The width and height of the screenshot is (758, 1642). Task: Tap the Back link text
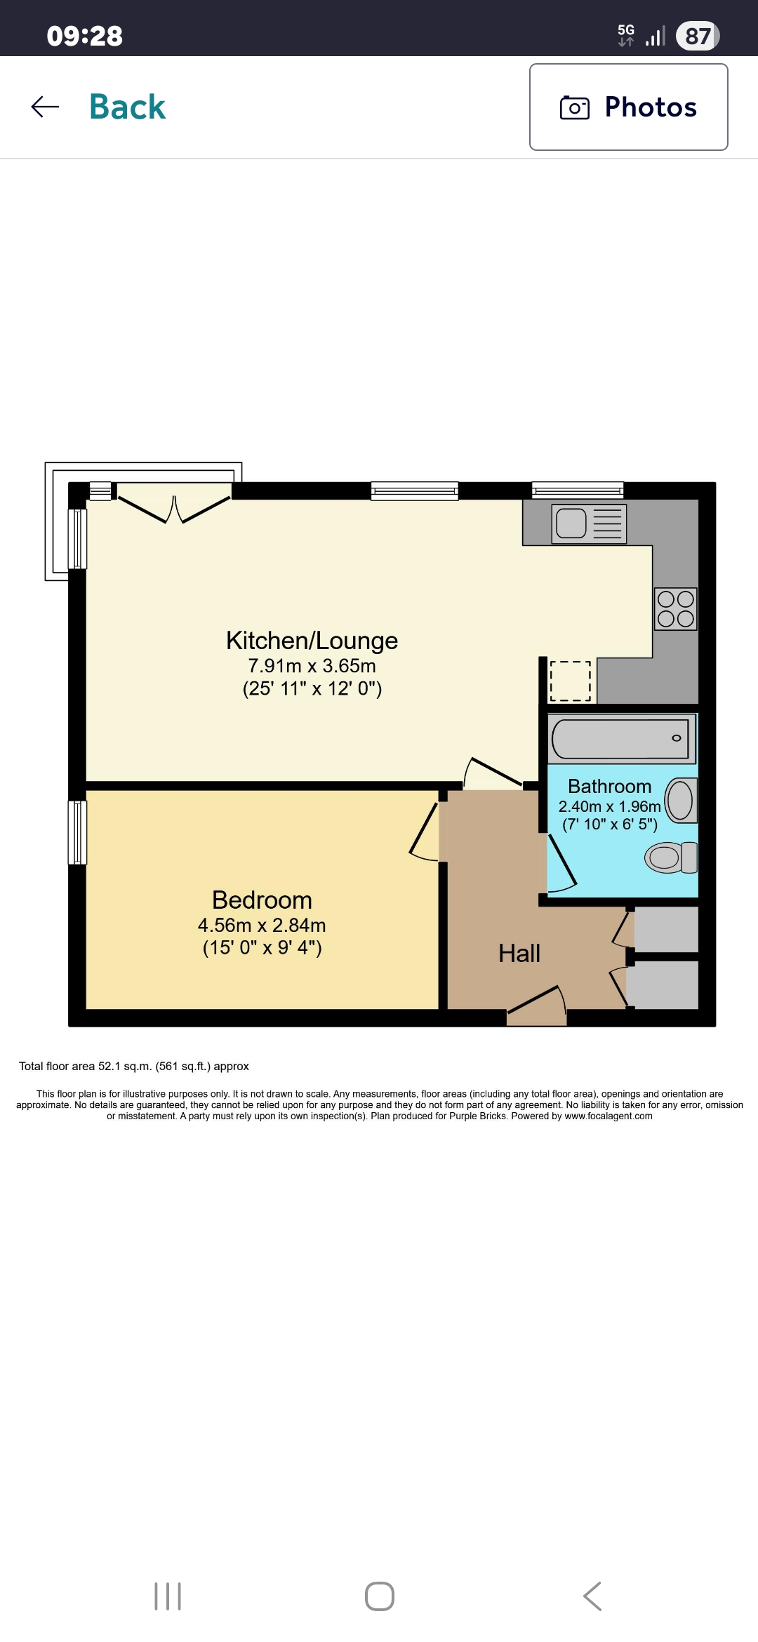click(x=127, y=107)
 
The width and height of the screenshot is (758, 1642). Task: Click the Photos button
click(x=628, y=107)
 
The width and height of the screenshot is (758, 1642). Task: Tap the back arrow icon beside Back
click(x=45, y=107)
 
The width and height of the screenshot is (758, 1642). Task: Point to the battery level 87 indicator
click(x=698, y=36)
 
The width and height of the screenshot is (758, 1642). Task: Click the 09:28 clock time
click(x=84, y=36)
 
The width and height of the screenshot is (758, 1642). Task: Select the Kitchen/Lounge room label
click(x=312, y=641)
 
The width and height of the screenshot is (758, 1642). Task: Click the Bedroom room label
click(x=262, y=900)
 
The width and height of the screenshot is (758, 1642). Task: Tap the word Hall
click(x=519, y=953)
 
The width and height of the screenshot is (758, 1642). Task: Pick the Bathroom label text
click(x=609, y=786)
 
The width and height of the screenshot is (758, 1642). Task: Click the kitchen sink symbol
click(x=589, y=523)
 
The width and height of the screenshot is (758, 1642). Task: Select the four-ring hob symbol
click(x=676, y=608)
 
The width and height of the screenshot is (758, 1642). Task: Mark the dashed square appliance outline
click(x=571, y=681)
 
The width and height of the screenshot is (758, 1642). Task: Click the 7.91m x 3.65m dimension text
click(x=312, y=666)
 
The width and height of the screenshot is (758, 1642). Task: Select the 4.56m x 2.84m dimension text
click(x=262, y=925)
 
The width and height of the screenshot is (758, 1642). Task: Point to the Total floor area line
click(x=134, y=1066)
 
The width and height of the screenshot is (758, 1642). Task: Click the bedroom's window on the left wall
click(x=77, y=832)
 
